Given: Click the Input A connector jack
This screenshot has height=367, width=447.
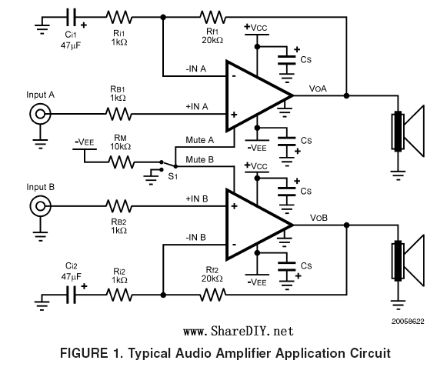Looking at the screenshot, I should coord(38,114).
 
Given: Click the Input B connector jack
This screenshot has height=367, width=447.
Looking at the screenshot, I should coord(38,205).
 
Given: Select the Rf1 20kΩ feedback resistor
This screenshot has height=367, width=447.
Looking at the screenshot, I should coord(210,15).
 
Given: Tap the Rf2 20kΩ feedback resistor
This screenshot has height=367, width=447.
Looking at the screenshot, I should coord(210,293).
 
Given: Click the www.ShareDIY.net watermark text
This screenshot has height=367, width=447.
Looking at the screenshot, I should coord(239,331).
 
